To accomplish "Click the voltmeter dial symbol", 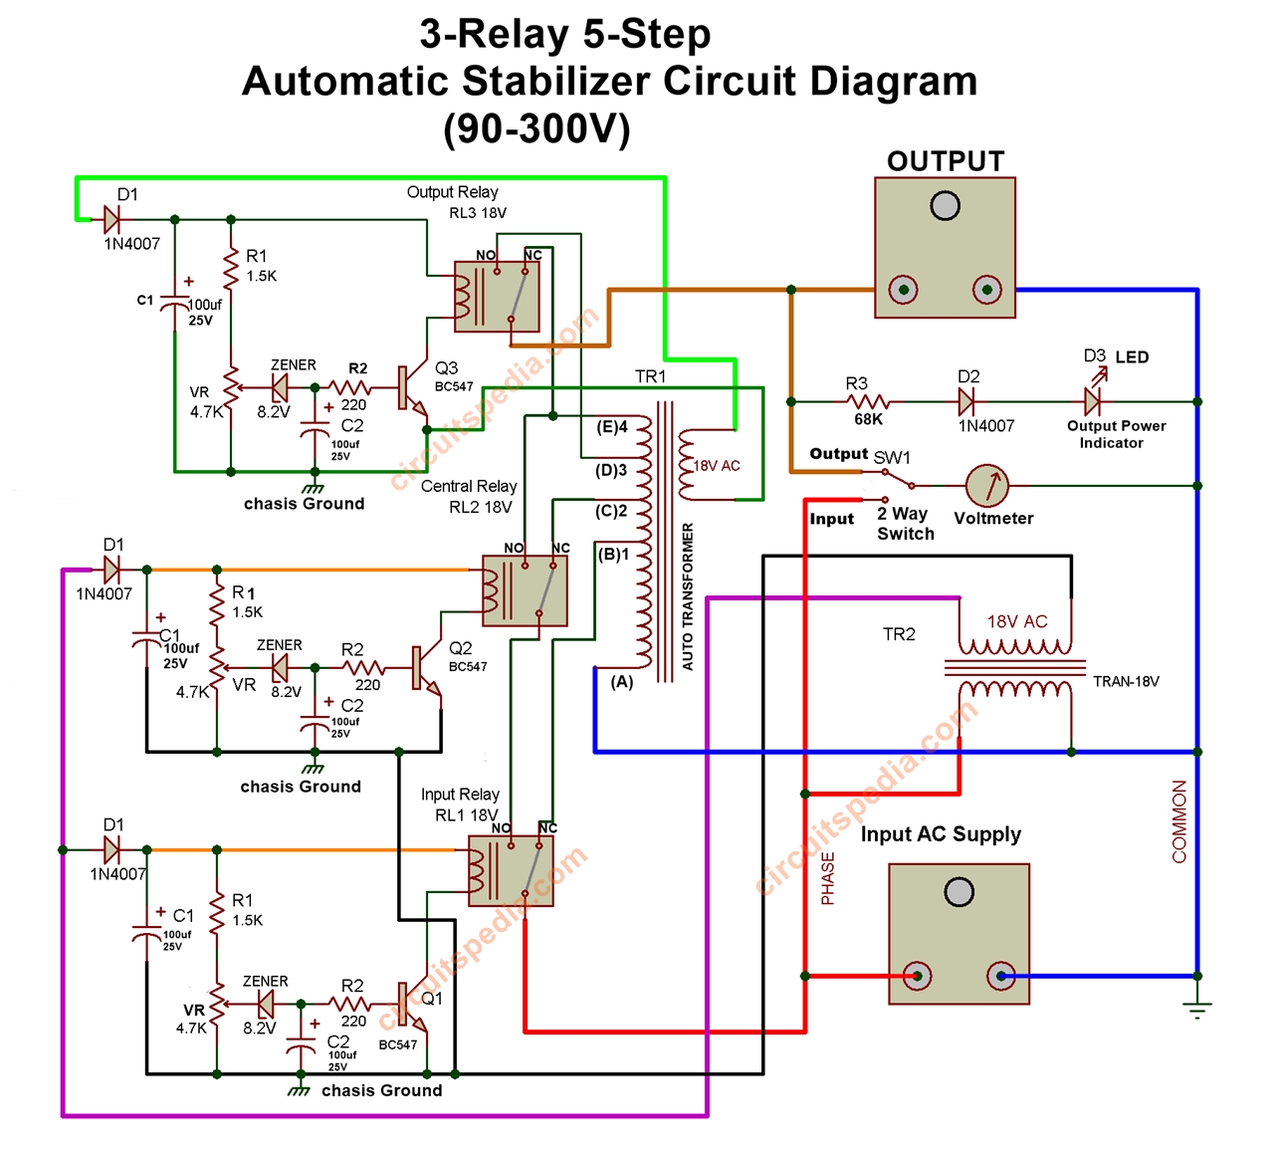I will pyautogui.click(x=987, y=486).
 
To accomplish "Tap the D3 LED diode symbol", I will pyautogui.click(x=1093, y=401).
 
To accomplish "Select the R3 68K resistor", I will pyautogui.click(x=867, y=402).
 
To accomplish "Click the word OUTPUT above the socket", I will pyautogui.click(x=946, y=161).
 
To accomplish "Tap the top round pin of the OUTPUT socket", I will pyautogui.click(x=945, y=206).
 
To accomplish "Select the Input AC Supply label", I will pyautogui.click(x=941, y=834).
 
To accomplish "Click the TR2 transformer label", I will pyautogui.click(x=899, y=634).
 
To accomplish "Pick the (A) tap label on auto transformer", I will pyautogui.click(x=622, y=682).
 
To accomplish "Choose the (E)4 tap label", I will pyautogui.click(x=612, y=427).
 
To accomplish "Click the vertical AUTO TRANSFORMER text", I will pyautogui.click(x=688, y=596).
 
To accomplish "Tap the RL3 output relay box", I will pyautogui.click(x=497, y=296).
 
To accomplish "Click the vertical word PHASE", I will pyautogui.click(x=828, y=879).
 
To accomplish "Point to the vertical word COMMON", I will pyautogui.click(x=1180, y=821).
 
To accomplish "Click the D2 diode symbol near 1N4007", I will pyautogui.click(x=965, y=402).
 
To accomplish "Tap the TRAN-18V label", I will pyautogui.click(x=1126, y=682).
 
